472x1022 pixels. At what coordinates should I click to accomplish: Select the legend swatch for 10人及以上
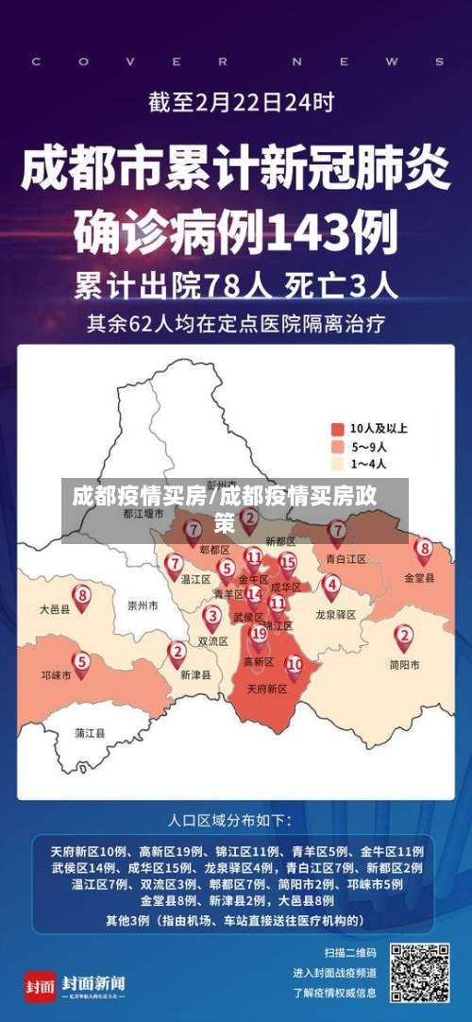click(x=337, y=428)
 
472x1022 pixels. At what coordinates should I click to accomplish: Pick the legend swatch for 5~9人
click(x=337, y=446)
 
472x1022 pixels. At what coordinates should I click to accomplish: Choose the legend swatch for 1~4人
click(x=337, y=464)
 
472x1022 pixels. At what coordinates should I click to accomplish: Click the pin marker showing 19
click(x=258, y=635)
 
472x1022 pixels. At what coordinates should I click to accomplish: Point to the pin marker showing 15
click(x=288, y=563)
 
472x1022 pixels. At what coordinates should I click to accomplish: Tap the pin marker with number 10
click(x=295, y=665)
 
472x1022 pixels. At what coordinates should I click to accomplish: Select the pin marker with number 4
click(x=331, y=585)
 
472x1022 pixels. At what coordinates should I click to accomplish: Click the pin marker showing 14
click(x=253, y=595)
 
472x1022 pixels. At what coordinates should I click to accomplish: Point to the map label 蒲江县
click(x=91, y=732)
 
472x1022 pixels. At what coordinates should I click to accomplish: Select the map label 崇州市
click(x=143, y=605)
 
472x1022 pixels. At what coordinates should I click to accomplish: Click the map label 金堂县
click(x=419, y=577)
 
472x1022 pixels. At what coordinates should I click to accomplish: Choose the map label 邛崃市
click(x=56, y=676)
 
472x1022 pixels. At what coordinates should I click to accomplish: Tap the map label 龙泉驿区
click(x=336, y=614)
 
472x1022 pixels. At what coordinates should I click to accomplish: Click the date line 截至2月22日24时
click(x=240, y=101)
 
